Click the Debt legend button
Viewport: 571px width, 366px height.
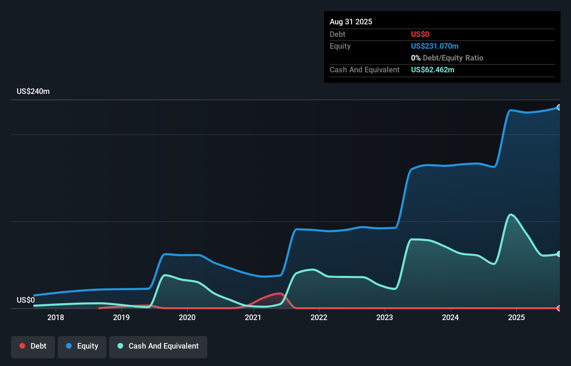[x=33, y=347]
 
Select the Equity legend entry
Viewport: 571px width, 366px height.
[x=82, y=347]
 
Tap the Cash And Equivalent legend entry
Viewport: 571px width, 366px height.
[x=158, y=347]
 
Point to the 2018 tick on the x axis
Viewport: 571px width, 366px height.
[x=56, y=317]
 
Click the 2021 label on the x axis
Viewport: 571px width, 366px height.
[x=253, y=317]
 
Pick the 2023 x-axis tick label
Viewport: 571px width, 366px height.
[x=385, y=317]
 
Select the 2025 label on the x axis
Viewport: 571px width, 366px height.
[x=516, y=317]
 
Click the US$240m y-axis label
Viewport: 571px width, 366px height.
[x=33, y=91]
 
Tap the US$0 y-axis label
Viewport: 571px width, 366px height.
[x=26, y=300]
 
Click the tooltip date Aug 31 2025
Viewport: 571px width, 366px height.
[x=351, y=22]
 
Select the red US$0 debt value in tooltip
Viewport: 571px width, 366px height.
[x=420, y=34]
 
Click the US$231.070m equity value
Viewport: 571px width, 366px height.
[x=434, y=46]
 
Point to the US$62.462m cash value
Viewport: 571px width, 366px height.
[x=432, y=70]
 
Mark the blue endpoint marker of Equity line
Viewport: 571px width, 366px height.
[x=559, y=108]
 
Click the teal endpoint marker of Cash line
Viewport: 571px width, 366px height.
[x=559, y=254]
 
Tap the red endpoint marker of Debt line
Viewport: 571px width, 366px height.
[x=559, y=308]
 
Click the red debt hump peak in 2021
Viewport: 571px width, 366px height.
[x=280, y=294]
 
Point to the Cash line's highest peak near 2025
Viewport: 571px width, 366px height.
[x=510, y=215]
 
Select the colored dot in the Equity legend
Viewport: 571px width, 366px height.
[x=69, y=346]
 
